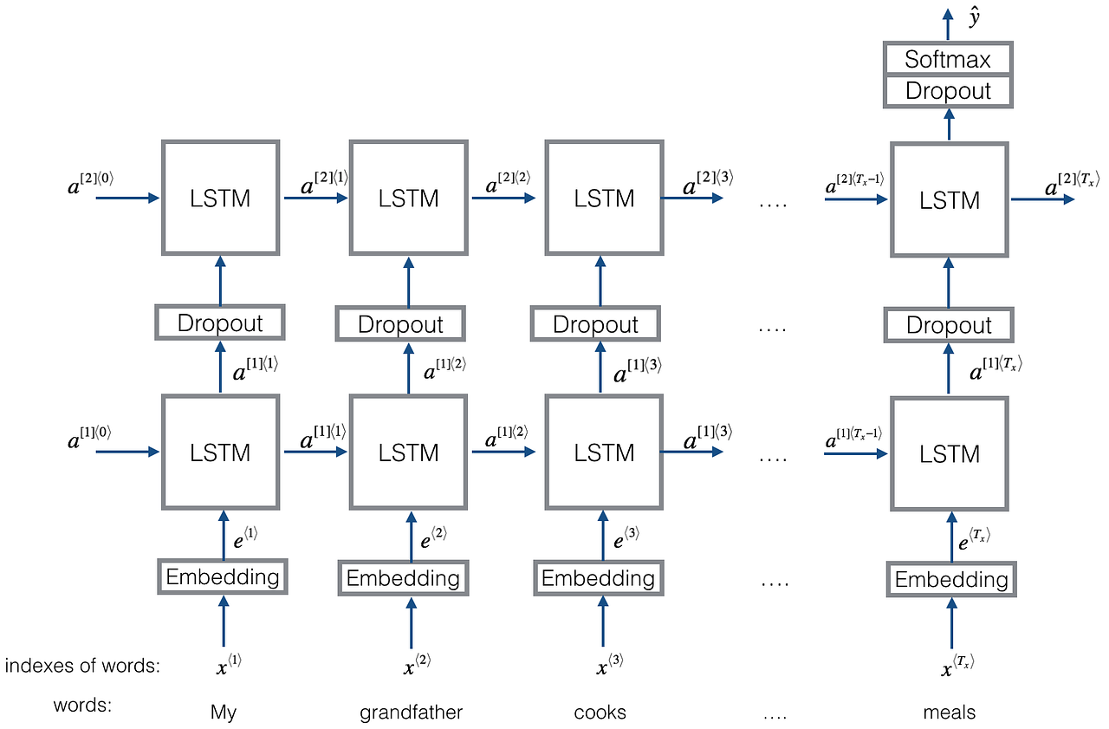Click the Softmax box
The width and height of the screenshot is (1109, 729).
click(x=947, y=59)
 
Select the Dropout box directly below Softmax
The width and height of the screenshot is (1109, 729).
click(x=947, y=91)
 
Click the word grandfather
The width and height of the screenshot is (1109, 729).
click(x=411, y=713)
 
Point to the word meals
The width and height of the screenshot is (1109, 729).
click(x=950, y=713)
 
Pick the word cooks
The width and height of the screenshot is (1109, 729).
click(x=600, y=713)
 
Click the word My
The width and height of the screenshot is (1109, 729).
click(x=224, y=713)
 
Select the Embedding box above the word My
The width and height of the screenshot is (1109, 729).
click(x=223, y=577)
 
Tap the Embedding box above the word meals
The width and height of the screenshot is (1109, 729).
click(x=950, y=579)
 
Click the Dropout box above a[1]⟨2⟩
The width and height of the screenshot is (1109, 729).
click(x=400, y=324)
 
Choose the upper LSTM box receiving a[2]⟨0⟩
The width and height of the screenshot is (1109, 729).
click(x=220, y=198)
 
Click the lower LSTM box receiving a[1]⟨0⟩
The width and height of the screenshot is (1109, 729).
click(x=220, y=452)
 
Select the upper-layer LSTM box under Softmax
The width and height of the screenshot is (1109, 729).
click(x=950, y=200)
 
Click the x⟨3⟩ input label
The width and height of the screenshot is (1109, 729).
click(x=608, y=666)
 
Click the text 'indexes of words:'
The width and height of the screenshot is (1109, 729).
click(x=83, y=666)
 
